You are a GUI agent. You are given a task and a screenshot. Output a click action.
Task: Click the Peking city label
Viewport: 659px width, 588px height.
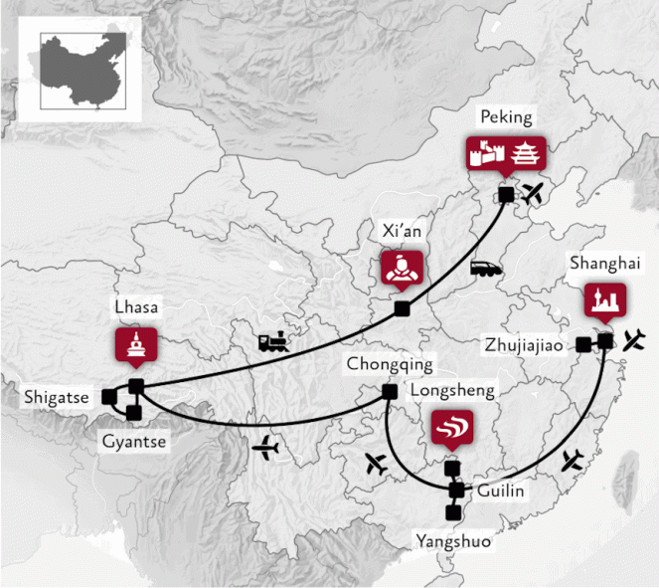point(507,117)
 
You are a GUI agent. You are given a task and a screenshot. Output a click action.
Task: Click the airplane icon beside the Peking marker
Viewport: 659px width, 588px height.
point(535,192)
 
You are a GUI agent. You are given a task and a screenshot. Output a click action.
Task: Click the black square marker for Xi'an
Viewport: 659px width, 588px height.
point(402,309)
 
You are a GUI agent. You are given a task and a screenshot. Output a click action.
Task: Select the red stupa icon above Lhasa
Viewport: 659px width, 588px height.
point(135,344)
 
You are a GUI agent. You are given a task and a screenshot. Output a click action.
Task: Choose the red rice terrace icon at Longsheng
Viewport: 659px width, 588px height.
point(452,427)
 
